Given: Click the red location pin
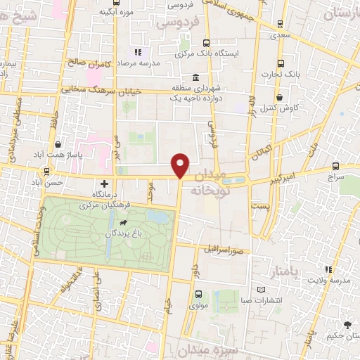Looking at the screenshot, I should [181, 165].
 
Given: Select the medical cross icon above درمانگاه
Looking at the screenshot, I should [105, 184].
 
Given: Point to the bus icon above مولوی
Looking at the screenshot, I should [198, 295].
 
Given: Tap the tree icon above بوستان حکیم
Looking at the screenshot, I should [347, 324].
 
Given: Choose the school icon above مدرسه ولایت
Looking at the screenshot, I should [328, 269].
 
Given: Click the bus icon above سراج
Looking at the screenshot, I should [335, 167].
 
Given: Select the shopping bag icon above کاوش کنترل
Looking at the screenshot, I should [281, 97].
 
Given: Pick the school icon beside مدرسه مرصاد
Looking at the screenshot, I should [138, 52].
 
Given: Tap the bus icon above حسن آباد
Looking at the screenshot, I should [46, 171].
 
